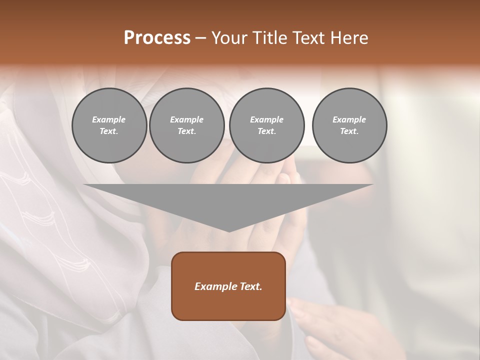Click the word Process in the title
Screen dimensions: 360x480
pyautogui.click(x=157, y=38)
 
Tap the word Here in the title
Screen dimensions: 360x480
pyautogui.click(x=349, y=38)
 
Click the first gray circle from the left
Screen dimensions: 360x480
pyautogui.click(x=109, y=125)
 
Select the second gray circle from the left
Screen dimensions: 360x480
pyautogui.click(x=187, y=125)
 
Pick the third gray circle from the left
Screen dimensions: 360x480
pyautogui.click(x=266, y=125)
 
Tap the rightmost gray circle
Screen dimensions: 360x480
pyautogui.click(x=349, y=125)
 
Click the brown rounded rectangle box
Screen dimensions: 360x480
pyautogui.click(x=228, y=305)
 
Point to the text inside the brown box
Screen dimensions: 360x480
pyautogui.click(x=228, y=286)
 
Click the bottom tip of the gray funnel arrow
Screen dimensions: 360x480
pyautogui.click(x=229, y=230)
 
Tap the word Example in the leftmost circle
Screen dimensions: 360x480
pyautogui.click(x=109, y=119)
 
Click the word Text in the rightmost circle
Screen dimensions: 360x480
pyautogui.click(x=348, y=131)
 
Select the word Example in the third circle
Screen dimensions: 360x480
pyautogui.click(x=266, y=119)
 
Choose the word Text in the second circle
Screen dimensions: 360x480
pyautogui.click(x=186, y=131)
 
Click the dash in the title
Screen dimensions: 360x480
pyautogui.click(x=200, y=38)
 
